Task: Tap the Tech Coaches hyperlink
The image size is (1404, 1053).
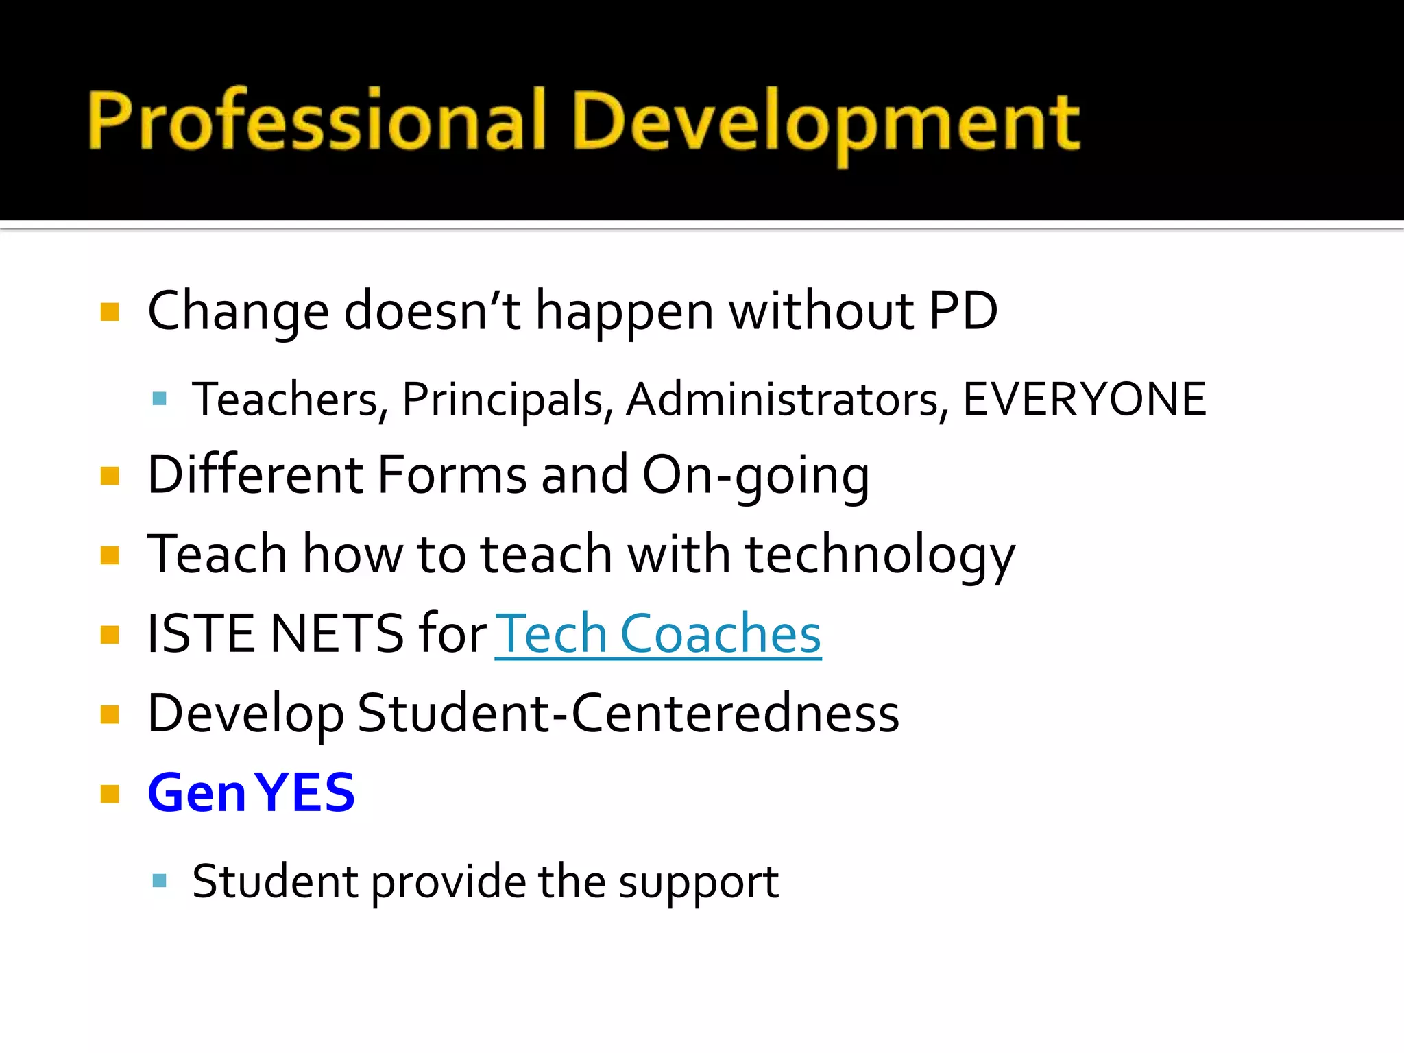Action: click(x=658, y=634)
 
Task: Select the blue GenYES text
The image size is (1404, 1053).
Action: click(x=251, y=793)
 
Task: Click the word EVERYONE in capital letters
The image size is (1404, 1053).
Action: click(x=1084, y=400)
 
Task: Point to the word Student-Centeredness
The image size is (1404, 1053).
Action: click(x=628, y=714)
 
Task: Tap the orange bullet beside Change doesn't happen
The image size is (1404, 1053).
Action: click(x=110, y=313)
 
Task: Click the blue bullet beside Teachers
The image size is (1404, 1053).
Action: click(x=160, y=399)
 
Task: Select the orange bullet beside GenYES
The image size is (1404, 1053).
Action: click(x=110, y=794)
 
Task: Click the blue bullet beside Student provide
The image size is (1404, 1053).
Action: click(x=160, y=881)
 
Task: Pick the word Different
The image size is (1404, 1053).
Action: click(x=255, y=475)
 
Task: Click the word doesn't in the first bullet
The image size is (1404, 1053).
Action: click(x=432, y=311)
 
